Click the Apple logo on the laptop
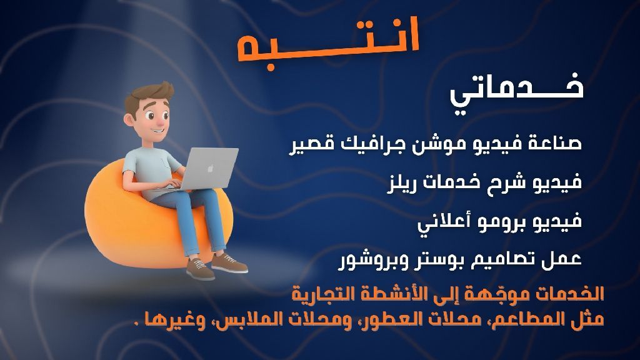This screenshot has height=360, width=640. [x=211, y=167]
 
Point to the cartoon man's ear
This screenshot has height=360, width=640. [x=129, y=119]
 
